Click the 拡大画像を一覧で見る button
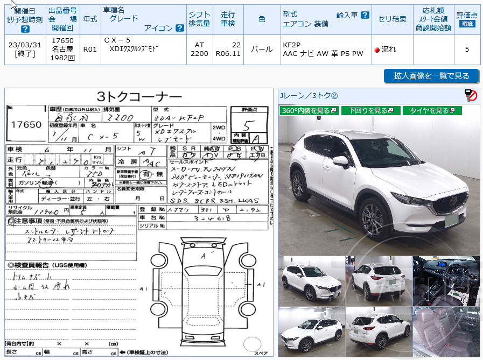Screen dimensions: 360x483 click(x=431, y=76)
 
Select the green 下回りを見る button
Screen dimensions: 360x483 click(x=370, y=110)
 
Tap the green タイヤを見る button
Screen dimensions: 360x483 click(x=432, y=110)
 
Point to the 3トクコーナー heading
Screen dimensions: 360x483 click(x=138, y=97)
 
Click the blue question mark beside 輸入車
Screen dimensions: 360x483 click(x=365, y=15)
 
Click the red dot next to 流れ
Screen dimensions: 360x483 click(x=377, y=50)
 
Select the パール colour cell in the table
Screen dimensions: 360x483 click(x=262, y=50)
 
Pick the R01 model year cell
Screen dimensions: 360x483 click(x=90, y=50)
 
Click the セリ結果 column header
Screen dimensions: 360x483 click(x=392, y=19)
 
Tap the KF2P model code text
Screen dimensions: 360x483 click(x=292, y=45)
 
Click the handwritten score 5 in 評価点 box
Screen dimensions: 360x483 click(x=248, y=123)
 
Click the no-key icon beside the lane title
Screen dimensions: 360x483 click(x=471, y=96)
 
